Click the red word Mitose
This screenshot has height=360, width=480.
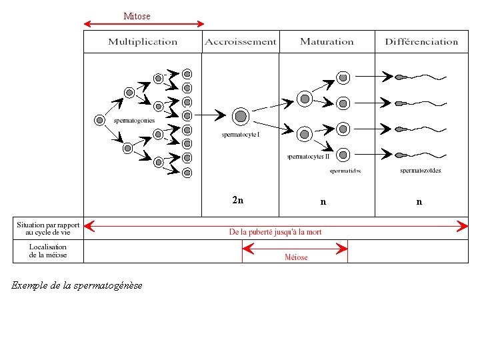(x=137, y=16)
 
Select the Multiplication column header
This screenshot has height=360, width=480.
(x=143, y=42)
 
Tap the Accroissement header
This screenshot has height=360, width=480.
(x=240, y=42)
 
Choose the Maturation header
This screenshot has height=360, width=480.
(x=327, y=42)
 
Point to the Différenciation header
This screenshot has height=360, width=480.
(x=421, y=42)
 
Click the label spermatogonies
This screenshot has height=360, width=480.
(x=134, y=121)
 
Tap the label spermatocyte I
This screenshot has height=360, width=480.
(x=241, y=135)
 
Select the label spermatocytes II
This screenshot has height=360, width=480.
(x=308, y=157)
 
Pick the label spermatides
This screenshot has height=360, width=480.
(x=345, y=171)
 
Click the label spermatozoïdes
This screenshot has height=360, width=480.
(x=420, y=171)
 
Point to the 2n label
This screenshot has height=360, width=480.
(x=237, y=200)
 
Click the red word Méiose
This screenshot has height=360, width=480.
(x=296, y=257)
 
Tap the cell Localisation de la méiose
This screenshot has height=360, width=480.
(x=47, y=251)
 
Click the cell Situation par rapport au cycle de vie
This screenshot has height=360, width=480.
(x=47, y=229)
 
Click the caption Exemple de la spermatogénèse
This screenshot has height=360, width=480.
(x=77, y=285)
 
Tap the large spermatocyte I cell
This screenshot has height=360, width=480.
(x=241, y=117)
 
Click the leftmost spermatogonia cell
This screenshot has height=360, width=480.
(x=99, y=121)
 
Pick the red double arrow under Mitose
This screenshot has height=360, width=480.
(x=143, y=25)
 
